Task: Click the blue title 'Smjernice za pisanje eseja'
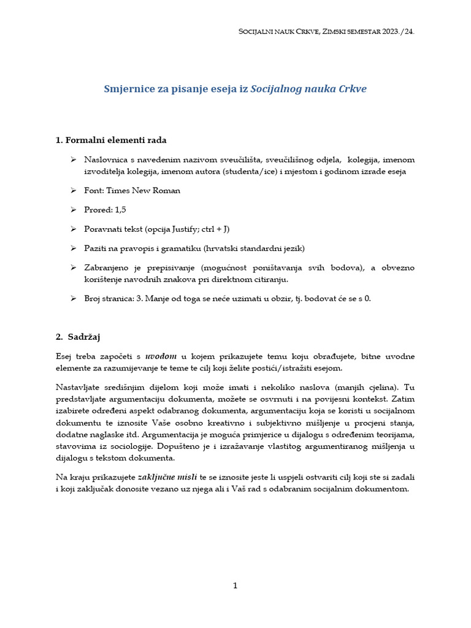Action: click(176, 89)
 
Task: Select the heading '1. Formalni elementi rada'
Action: click(110, 140)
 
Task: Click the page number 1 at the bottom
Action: click(235, 586)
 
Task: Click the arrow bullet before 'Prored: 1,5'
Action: click(73, 210)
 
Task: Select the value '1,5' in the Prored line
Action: click(120, 210)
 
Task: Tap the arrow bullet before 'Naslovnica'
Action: click(73, 159)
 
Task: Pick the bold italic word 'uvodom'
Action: click(161, 356)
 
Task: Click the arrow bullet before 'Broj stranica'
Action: click(73, 299)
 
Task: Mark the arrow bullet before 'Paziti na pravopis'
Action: click(73, 248)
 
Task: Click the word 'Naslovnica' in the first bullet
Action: click(105, 159)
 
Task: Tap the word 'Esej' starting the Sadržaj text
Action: click(64, 356)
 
